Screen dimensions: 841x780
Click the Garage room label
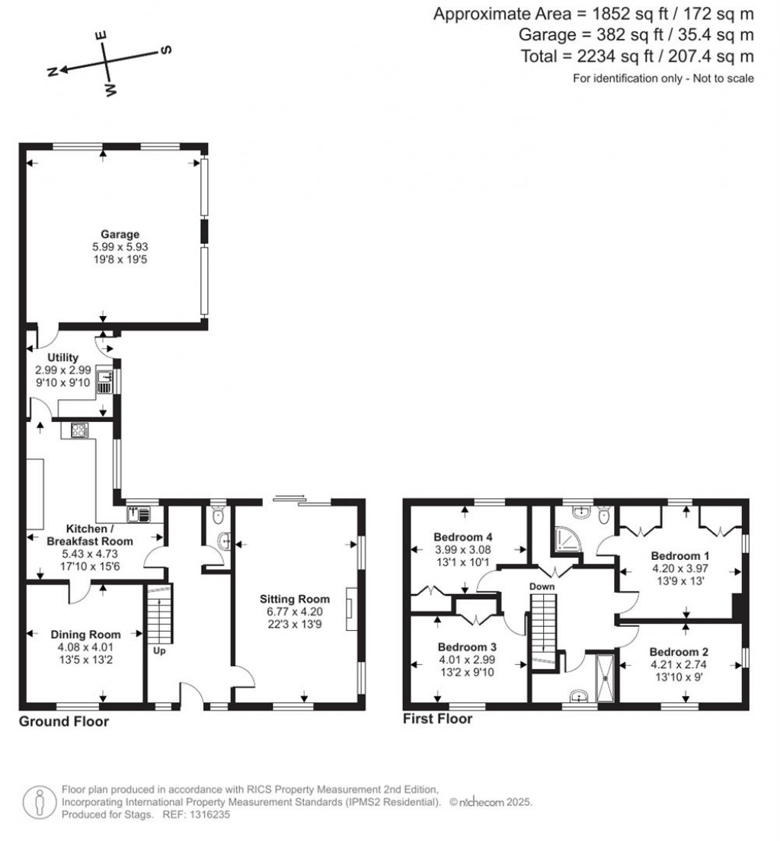120,235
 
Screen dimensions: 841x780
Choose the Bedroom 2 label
679,652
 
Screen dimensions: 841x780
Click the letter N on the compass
53,72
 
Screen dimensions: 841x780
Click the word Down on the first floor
542,587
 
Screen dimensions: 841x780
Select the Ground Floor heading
64,721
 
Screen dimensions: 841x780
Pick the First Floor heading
438,718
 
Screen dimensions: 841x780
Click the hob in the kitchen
80,430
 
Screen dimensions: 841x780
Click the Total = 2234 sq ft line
637,56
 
